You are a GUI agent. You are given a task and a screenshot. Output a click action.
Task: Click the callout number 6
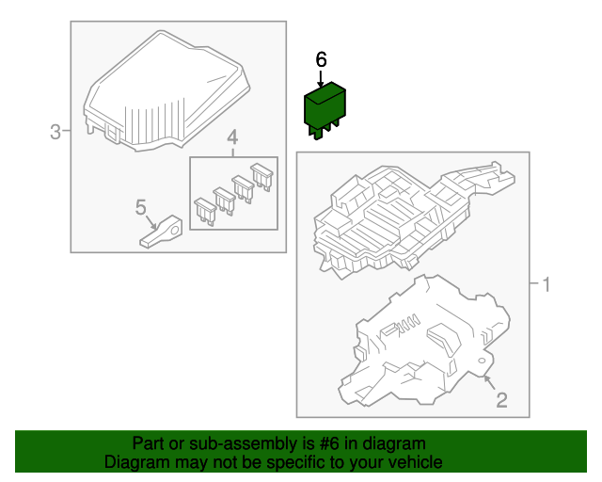click(321, 60)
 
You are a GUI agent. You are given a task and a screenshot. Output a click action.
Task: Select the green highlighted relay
click(325, 110)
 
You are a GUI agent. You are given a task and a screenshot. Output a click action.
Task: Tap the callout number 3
click(55, 132)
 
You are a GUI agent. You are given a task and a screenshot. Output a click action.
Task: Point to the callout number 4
click(232, 138)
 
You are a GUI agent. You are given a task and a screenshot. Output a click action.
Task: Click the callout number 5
click(141, 207)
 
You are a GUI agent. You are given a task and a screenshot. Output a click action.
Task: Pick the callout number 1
click(546, 285)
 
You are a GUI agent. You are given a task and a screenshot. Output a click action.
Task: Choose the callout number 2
click(501, 400)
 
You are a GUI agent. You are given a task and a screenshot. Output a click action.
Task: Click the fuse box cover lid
click(166, 91)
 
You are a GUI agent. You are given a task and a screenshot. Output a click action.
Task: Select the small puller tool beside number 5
click(161, 232)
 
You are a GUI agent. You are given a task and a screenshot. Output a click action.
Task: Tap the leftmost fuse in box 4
click(205, 211)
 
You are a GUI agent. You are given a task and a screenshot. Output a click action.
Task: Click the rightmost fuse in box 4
click(261, 176)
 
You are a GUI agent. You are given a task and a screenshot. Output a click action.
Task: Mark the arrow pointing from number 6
click(321, 79)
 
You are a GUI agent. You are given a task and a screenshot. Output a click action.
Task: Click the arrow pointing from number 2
click(489, 382)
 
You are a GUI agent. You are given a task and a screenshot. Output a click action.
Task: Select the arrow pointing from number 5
click(151, 222)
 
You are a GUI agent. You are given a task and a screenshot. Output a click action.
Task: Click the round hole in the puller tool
click(175, 231)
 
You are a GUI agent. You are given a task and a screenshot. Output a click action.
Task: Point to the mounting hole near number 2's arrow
click(481, 361)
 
